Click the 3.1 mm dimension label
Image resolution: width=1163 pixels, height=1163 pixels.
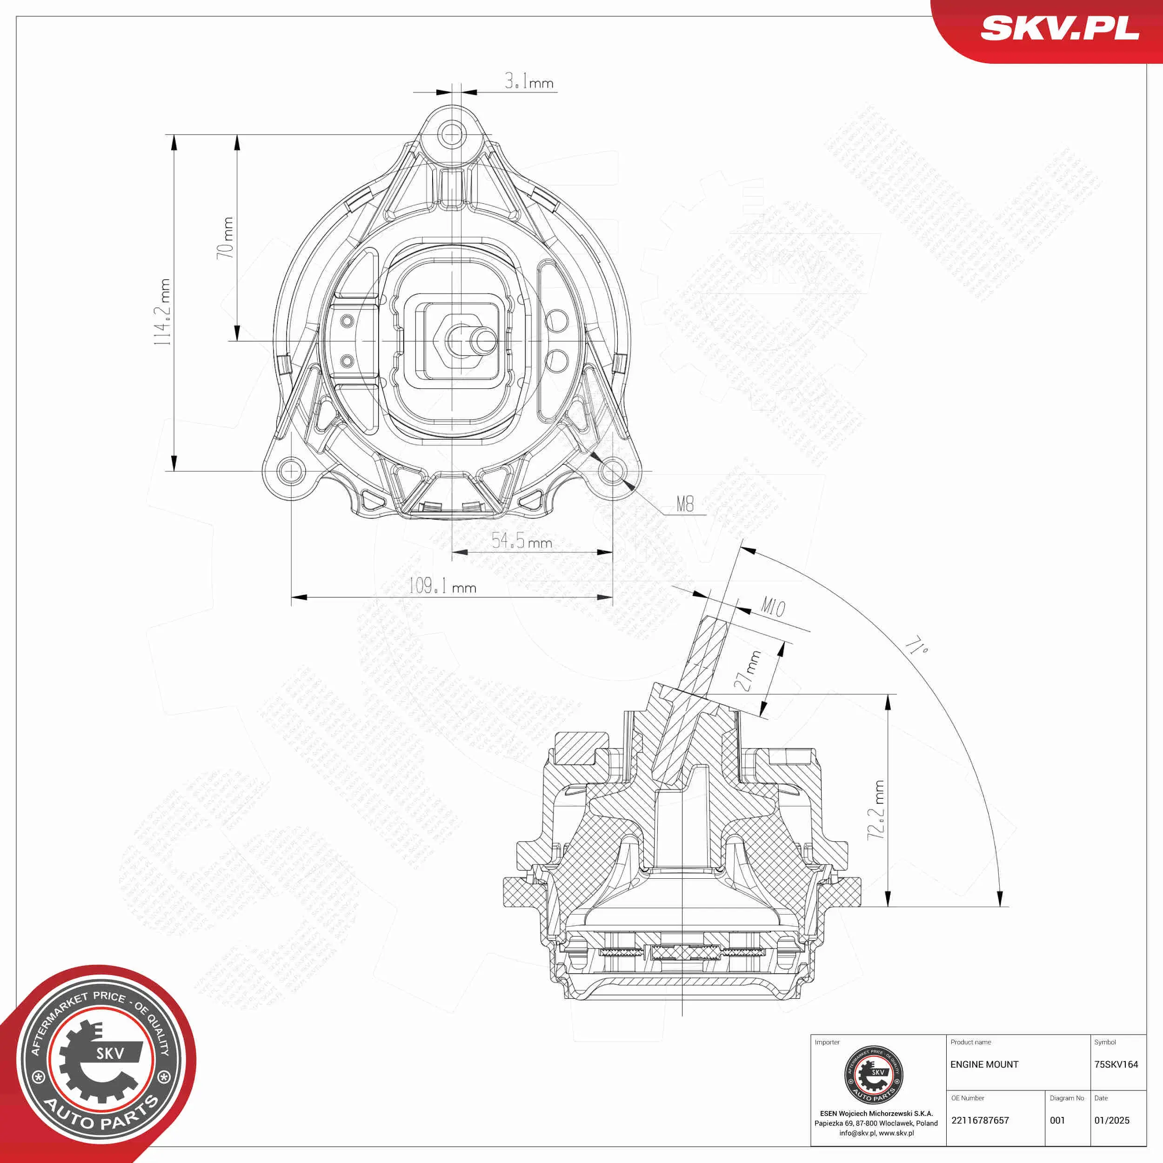pos(528,81)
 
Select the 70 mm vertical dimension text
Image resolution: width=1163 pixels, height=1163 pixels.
pos(225,238)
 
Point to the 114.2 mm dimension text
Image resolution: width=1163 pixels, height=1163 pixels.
pos(162,312)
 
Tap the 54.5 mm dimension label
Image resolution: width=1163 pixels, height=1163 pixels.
pos(521,541)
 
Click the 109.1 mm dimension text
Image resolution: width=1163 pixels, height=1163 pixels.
pos(442,586)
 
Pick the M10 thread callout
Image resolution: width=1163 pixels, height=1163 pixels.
pos(773,606)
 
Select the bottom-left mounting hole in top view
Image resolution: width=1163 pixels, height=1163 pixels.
pos(291,471)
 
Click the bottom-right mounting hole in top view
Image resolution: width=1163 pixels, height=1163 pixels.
pos(612,471)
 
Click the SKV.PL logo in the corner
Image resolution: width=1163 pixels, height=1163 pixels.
pos(1059,28)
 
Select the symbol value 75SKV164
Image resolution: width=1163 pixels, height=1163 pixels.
pos(1116,1064)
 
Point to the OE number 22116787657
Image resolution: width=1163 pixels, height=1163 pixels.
pos(980,1120)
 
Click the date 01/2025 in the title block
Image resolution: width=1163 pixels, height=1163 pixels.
pos(1112,1120)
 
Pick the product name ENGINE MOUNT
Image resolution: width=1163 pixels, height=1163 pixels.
pos(984,1064)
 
